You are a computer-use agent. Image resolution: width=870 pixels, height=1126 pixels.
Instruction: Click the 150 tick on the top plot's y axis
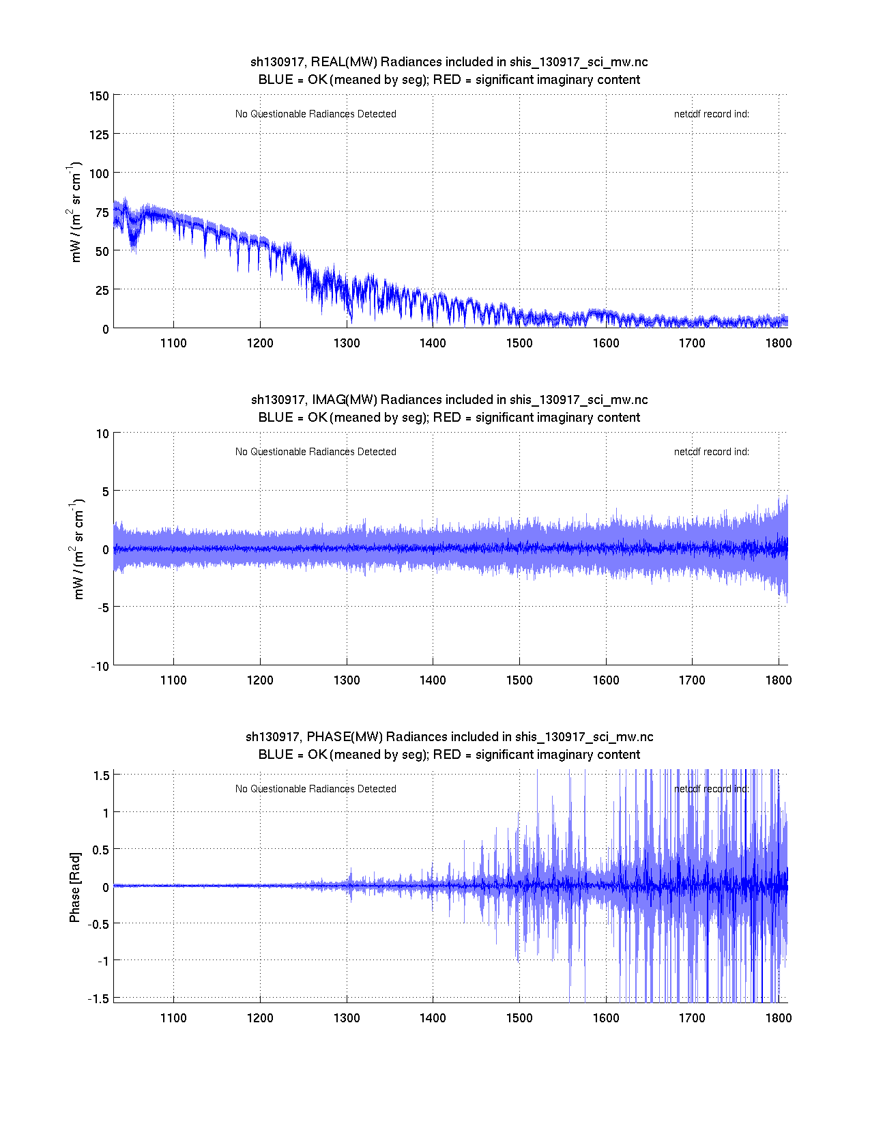tap(99, 96)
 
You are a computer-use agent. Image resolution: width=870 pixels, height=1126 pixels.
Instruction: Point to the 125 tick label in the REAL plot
tap(99, 134)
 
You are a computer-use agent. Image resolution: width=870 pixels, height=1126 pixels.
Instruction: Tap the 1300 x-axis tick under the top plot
tap(347, 343)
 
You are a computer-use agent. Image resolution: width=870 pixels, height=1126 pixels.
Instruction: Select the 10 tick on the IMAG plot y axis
tap(102, 433)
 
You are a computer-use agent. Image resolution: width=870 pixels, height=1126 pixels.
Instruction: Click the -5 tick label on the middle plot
tap(101, 608)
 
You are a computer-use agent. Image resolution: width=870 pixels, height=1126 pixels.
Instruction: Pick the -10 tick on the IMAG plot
tap(100, 667)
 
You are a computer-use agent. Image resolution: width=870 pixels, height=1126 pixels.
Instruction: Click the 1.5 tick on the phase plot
tap(102, 775)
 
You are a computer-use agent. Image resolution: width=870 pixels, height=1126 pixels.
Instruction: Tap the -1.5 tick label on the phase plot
tap(99, 998)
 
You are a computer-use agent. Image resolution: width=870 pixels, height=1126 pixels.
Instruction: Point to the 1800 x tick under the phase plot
tap(779, 1018)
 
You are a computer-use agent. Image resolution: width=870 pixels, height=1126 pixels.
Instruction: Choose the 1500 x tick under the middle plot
tap(519, 680)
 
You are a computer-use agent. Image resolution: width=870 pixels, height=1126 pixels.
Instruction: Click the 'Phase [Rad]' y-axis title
tap(75, 887)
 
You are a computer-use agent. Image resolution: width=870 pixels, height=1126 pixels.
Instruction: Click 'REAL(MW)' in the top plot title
tap(344, 62)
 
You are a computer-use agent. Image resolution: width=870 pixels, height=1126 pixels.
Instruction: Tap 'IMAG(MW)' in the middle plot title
tap(345, 400)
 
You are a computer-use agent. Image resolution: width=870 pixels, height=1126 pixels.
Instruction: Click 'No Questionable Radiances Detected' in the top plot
tap(316, 114)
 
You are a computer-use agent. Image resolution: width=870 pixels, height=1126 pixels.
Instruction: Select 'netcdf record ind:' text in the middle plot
tap(711, 452)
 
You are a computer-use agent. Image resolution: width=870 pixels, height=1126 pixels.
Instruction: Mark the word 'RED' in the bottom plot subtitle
tap(447, 755)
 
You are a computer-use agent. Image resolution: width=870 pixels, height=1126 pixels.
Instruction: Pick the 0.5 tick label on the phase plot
tap(100, 850)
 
